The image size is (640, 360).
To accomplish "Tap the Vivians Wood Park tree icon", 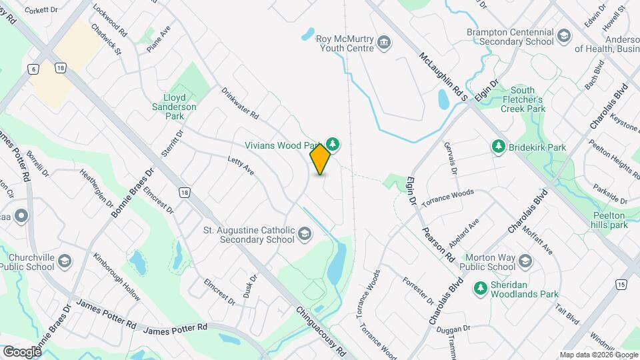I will pyautogui.click(x=333, y=144).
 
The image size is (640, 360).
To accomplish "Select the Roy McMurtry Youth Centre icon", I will pyautogui.click(x=384, y=43).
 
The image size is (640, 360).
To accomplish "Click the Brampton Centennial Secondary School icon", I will pyautogui.click(x=564, y=36).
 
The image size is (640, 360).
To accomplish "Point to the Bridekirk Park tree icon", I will pyautogui.click(x=498, y=146).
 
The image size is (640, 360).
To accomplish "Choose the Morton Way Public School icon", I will pyautogui.click(x=525, y=261).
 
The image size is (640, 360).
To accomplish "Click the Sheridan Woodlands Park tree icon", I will pyautogui.click(x=479, y=288).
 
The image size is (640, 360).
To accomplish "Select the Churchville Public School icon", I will pyautogui.click(x=65, y=261).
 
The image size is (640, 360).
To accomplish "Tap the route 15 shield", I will pyautogui.click(x=621, y=284).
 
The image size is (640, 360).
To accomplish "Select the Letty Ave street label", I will pyautogui.click(x=241, y=166).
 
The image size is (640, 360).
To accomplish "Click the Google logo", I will pyautogui.click(x=22, y=351).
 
